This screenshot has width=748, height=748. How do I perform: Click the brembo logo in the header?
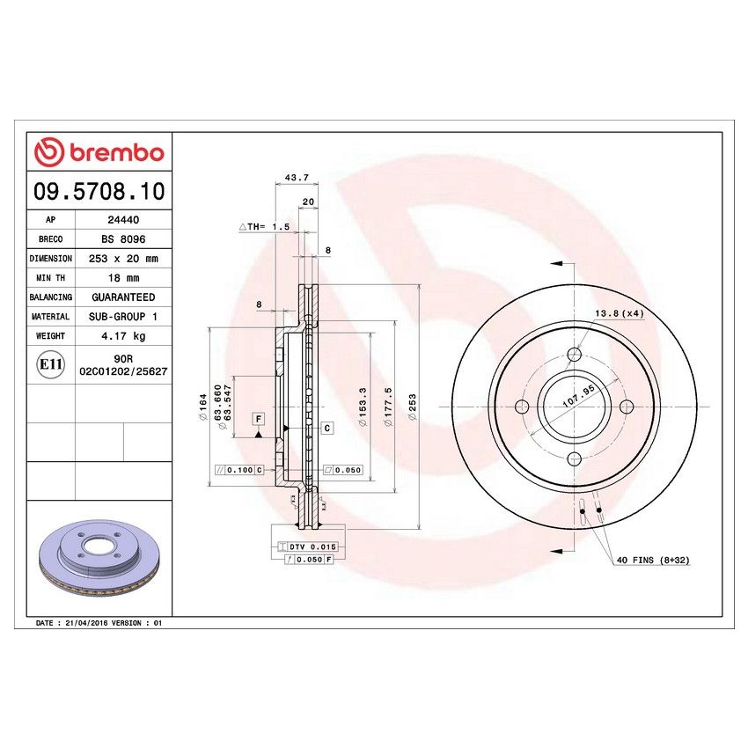[x=99, y=152]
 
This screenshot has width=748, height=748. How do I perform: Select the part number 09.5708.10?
[x=99, y=190]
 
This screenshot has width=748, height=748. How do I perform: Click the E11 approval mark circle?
[x=49, y=364]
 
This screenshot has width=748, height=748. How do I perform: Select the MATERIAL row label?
[x=50, y=316]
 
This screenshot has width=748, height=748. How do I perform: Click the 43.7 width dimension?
[x=297, y=177]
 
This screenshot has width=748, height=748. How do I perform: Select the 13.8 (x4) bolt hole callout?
[x=620, y=313]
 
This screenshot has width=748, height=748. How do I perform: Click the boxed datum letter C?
[x=327, y=428]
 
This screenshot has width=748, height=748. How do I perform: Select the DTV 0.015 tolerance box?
[x=312, y=547]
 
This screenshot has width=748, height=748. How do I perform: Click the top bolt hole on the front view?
[x=574, y=354]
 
